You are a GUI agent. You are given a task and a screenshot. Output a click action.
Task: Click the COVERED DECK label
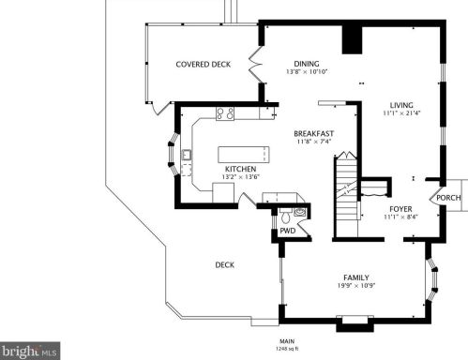pos(204,65)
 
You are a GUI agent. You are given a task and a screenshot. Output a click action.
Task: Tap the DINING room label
pos(307,64)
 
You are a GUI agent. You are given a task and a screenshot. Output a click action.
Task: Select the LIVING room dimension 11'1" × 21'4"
pos(401,113)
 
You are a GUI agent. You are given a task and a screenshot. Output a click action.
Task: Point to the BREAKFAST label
pos(314,134)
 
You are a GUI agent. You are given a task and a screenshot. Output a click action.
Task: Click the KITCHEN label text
pos(241,169)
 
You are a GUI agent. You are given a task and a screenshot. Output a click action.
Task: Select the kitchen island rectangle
pos(244,155)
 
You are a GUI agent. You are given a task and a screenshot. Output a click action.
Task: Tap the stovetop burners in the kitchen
pos(225,113)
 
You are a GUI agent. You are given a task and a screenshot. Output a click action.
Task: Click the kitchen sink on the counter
pos(187,155)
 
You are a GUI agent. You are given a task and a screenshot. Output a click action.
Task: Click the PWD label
pos(288,231)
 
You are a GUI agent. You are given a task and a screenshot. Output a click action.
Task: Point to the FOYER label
pos(400,209)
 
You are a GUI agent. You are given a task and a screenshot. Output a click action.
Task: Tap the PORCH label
pos(448,198)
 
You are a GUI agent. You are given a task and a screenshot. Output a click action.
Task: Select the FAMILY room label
pos(356,277)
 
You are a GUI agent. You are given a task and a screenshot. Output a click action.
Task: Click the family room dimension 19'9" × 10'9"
pos(356,285)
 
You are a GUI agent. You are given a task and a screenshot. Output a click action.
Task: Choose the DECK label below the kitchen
pos(225,265)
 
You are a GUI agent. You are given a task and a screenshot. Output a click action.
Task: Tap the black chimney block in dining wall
pos(352,40)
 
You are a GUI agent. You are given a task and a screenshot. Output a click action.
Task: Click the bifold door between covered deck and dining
pos(256,65)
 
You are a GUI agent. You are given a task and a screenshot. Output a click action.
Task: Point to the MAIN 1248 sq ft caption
pos(287,345)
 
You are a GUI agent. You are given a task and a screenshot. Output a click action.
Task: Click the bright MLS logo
pos(30,351)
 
